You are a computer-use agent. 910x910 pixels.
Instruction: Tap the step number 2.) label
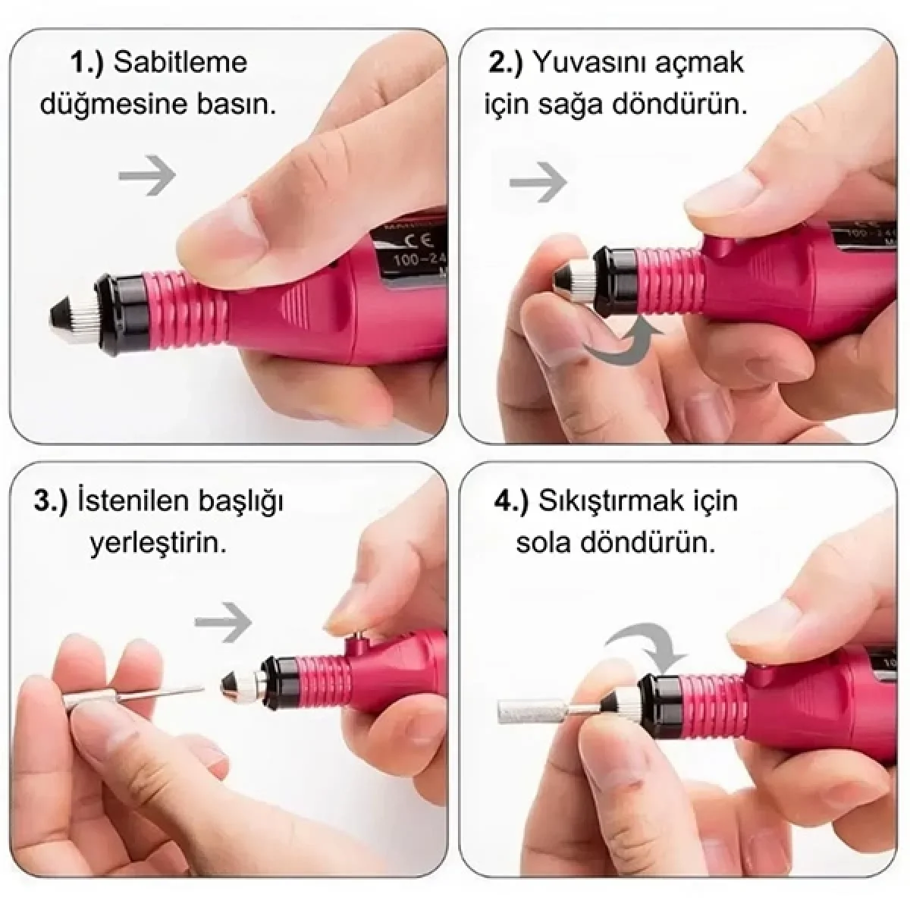click(x=505, y=62)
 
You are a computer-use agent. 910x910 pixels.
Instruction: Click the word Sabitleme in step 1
click(x=180, y=62)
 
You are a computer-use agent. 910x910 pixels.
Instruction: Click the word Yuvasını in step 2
click(x=585, y=62)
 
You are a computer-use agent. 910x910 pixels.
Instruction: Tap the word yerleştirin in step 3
click(x=158, y=544)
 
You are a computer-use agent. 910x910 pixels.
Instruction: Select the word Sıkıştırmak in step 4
click(x=611, y=501)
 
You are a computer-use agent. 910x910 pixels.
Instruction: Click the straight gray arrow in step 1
click(x=147, y=175)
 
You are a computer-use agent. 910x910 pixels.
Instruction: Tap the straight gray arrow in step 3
click(x=223, y=622)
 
